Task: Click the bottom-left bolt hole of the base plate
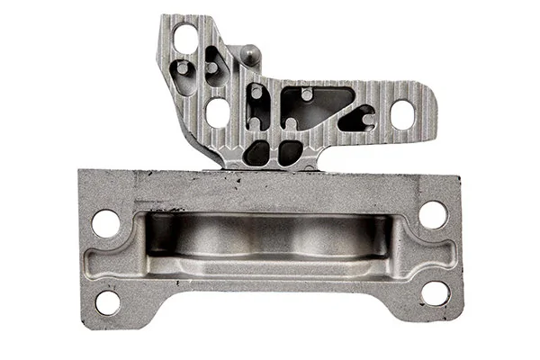pos(107,301)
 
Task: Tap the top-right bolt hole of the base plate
pos(433,214)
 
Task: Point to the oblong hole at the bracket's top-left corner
pos(185,39)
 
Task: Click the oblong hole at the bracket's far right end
pos(401,114)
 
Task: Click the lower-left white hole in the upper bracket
pos(218,112)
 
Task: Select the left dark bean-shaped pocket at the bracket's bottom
pos(257,152)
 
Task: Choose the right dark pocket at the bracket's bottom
pos(290,152)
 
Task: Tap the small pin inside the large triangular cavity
pos(307,93)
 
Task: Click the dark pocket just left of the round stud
pos(216,66)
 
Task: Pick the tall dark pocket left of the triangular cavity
pos(258,106)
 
